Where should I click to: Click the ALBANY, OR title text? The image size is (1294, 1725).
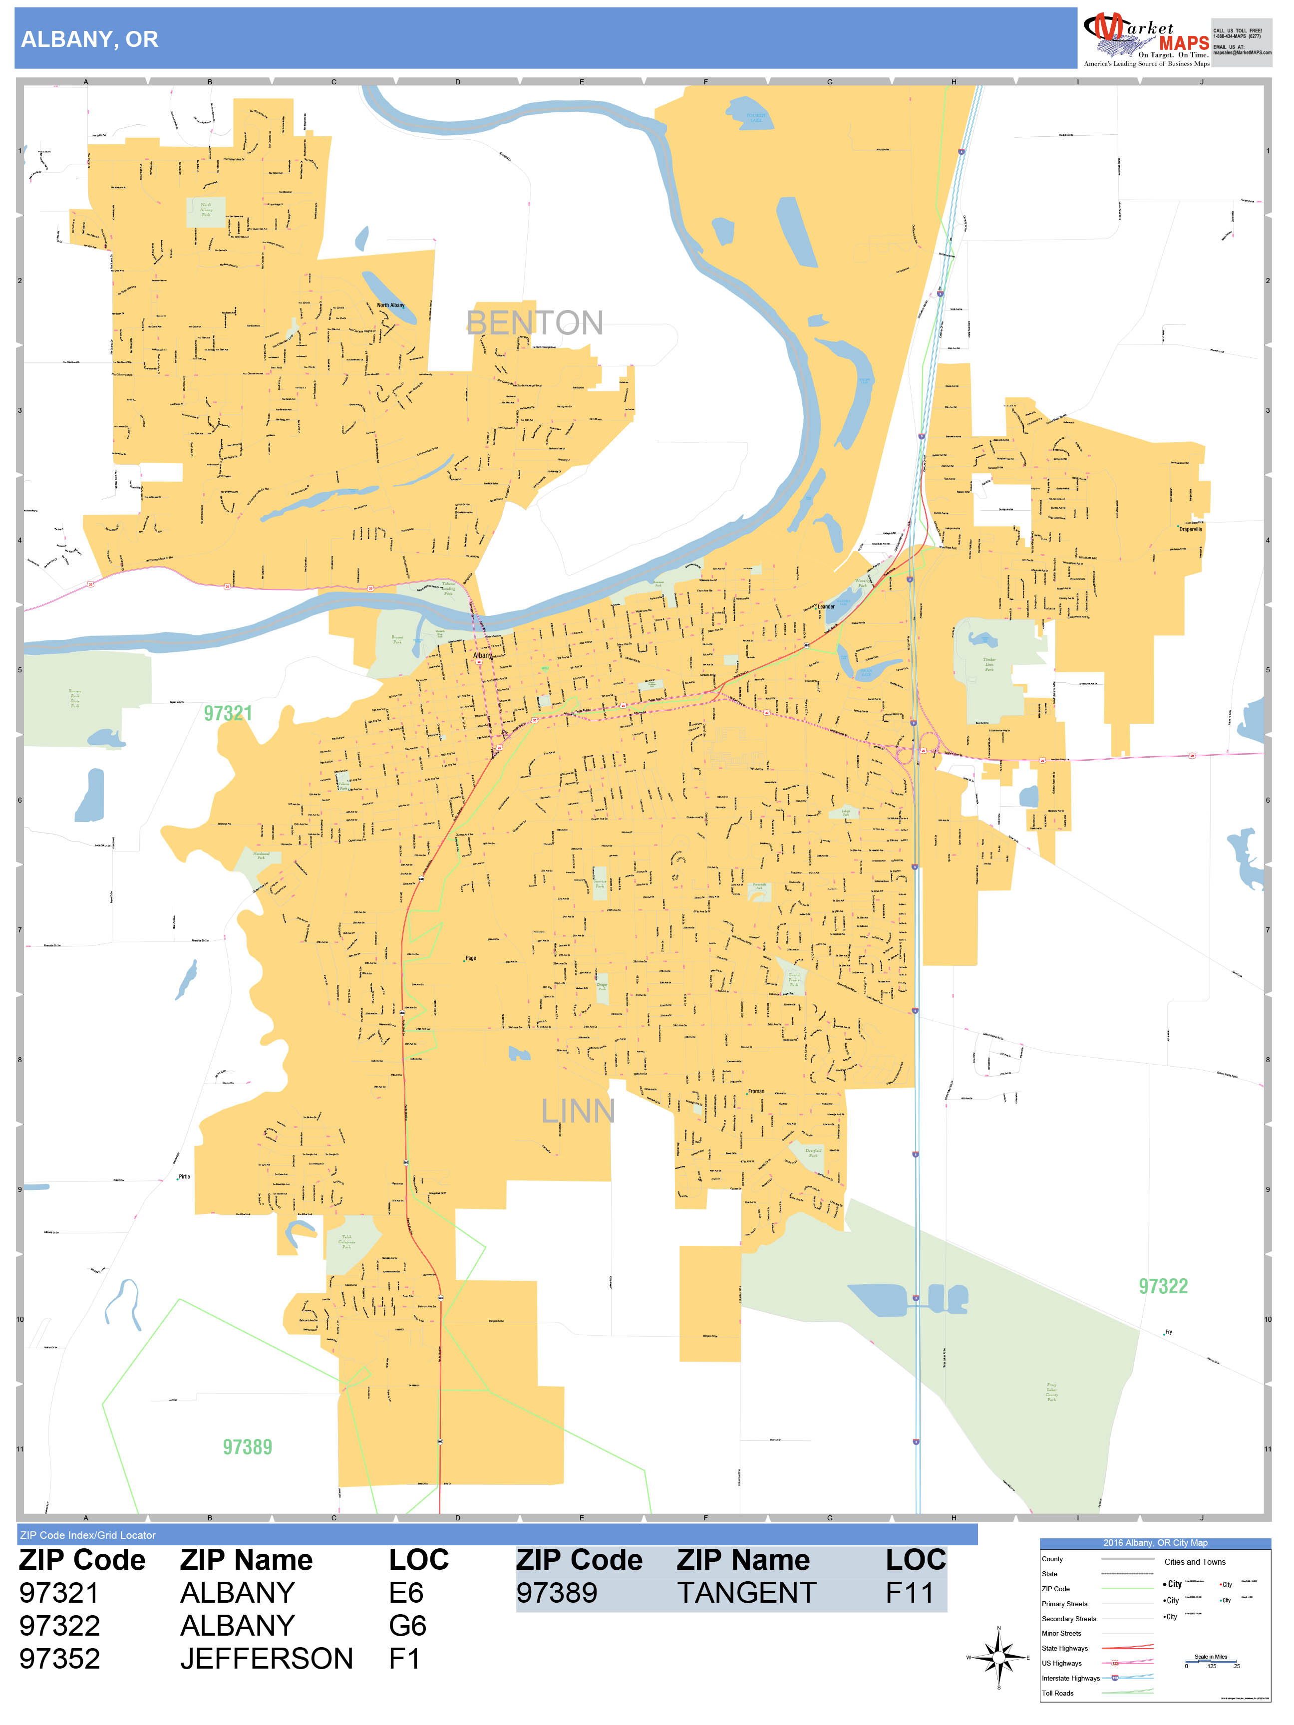coord(90,40)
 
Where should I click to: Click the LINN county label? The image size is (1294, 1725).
coord(578,1111)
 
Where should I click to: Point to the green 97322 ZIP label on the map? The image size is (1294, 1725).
coord(1162,1287)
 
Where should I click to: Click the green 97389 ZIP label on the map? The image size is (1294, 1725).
coord(247,1447)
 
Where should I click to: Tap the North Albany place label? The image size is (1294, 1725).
coord(391,305)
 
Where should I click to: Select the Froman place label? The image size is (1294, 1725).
coord(756,1091)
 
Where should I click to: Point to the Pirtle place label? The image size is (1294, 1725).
coord(184,1177)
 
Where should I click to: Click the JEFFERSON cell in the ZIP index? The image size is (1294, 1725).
coord(266,1659)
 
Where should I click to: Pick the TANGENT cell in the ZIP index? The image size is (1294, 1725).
coord(746,1593)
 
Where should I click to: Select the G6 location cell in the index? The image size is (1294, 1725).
coord(407,1626)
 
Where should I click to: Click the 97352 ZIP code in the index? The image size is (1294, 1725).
coord(60,1659)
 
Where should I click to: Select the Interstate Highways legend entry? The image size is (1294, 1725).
coord(1070,1678)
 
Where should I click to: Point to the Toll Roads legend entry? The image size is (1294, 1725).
coord(1058,1693)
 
